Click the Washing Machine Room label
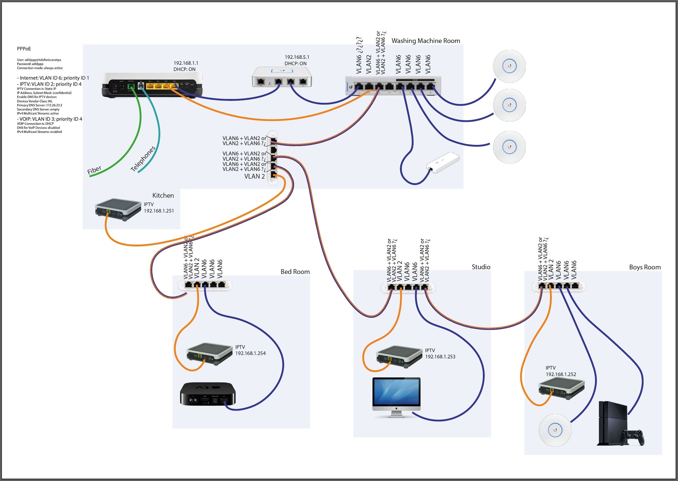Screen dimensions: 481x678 pyautogui.click(x=425, y=41)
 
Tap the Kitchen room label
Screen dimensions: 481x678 pyautogui.click(x=163, y=196)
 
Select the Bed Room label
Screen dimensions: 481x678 pyautogui.click(x=295, y=272)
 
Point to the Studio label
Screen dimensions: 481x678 pyautogui.click(x=481, y=267)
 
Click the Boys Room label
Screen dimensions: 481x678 pyautogui.click(x=645, y=267)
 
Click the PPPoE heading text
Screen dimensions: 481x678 pyautogui.click(x=24, y=49)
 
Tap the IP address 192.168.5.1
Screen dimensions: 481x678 pyautogui.click(x=297, y=57)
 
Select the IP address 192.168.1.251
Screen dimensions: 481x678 pyautogui.click(x=159, y=211)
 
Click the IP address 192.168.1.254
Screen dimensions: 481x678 pyautogui.click(x=251, y=353)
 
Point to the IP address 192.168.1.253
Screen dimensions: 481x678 pyautogui.click(x=440, y=357)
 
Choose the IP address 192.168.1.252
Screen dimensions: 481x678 pyautogui.click(x=561, y=374)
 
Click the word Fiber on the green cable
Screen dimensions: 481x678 pyautogui.click(x=94, y=170)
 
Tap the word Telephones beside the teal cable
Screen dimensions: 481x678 pyautogui.click(x=143, y=159)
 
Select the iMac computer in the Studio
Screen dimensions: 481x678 pyautogui.click(x=396, y=395)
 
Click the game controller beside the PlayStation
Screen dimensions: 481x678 pyautogui.click(x=632, y=437)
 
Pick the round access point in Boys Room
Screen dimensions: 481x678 pyautogui.click(x=555, y=430)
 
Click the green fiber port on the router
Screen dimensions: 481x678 pyautogui.click(x=131, y=87)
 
